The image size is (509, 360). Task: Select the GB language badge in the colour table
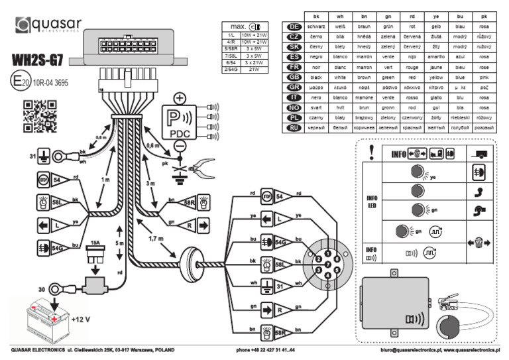293,76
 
